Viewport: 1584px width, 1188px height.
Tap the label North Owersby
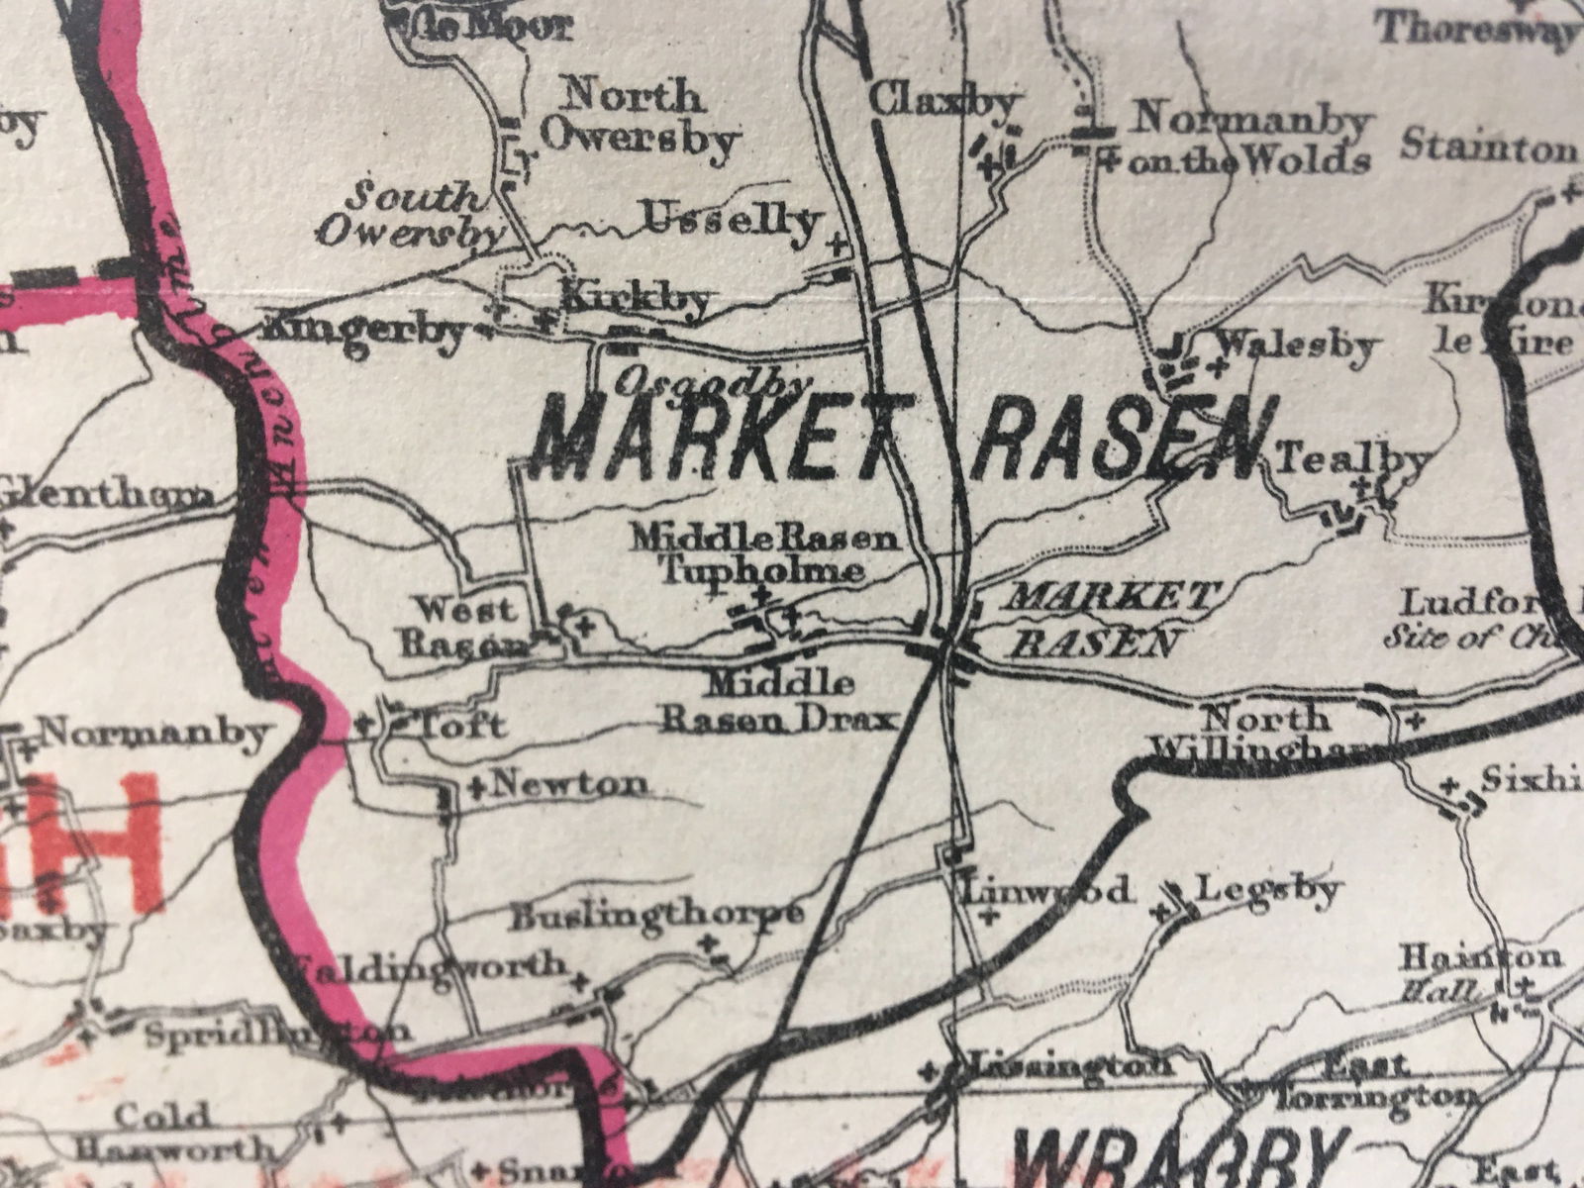[x=639, y=118]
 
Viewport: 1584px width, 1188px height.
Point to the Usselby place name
[x=732, y=218]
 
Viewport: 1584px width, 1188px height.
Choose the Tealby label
[x=1353, y=459]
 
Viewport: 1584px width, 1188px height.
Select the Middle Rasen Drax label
[x=779, y=701]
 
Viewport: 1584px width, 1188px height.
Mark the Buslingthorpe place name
[x=654, y=916]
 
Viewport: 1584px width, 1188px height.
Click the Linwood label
[x=1047, y=889]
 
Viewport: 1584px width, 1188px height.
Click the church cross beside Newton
[x=476, y=788]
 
